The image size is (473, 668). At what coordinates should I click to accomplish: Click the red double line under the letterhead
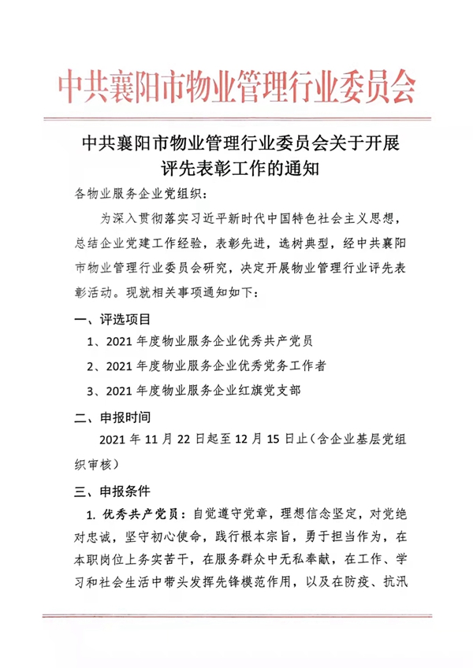point(236,119)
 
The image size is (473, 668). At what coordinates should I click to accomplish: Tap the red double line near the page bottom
point(236,615)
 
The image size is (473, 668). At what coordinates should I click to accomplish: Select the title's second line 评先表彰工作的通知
point(236,168)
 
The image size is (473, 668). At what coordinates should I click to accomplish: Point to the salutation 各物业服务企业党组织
point(138,193)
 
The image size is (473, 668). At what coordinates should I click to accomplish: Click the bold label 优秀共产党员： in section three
point(142,514)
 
